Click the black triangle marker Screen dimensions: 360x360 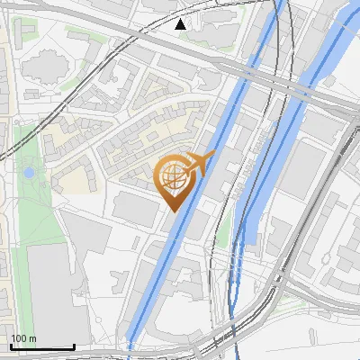coord(180,23)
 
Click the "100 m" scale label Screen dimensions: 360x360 coord(23,338)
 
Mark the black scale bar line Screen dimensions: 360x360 coord(41,346)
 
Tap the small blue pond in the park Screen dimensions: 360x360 coord(30,171)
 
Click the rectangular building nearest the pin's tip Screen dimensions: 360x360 coord(135,208)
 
